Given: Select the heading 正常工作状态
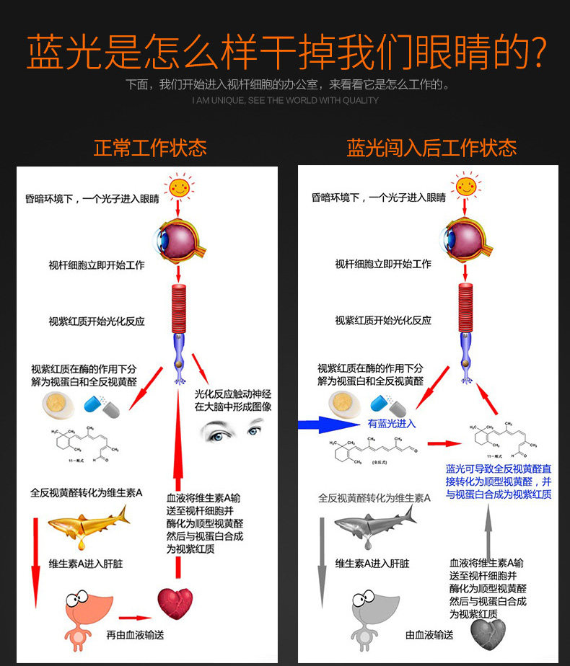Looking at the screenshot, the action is pyautogui.click(x=150, y=148).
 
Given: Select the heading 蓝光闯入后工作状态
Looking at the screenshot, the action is pyautogui.click(x=431, y=148).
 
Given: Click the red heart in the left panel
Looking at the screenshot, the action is pyautogui.click(x=175, y=604).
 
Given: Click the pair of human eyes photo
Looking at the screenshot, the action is pyautogui.click(x=232, y=431).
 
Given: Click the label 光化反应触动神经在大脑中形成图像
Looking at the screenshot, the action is pyautogui.click(x=233, y=400).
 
